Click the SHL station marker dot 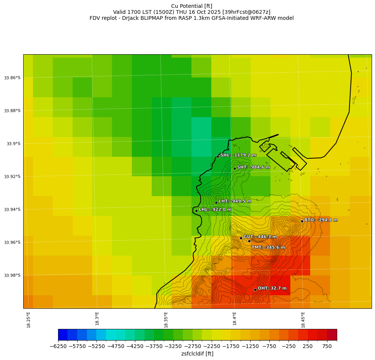pyautogui.click(x=218, y=156)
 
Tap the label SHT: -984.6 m pyautogui.click(x=254, y=167)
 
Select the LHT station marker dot pyautogui.click(x=216, y=202)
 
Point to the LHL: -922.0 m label pyautogui.click(x=215, y=210)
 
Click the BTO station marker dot pyautogui.click(x=302, y=221)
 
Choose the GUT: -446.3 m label pyautogui.click(x=260, y=237)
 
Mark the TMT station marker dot pyautogui.click(x=249, y=241)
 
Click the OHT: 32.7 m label pyautogui.click(x=272, y=288)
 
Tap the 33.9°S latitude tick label pyautogui.click(x=13, y=144)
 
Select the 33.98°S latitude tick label pyautogui.click(x=12, y=275)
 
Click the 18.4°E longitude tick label pyautogui.click(x=235, y=319)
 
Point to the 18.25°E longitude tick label pyautogui.click(x=28, y=319)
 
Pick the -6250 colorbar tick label pyautogui.click(x=58, y=347)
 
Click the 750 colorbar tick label pyautogui.click(x=327, y=347)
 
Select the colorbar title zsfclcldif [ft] pyautogui.click(x=197, y=354)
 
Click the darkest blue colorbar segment pyautogui.click(x=63, y=335)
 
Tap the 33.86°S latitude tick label pyautogui.click(x=12, y=78)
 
